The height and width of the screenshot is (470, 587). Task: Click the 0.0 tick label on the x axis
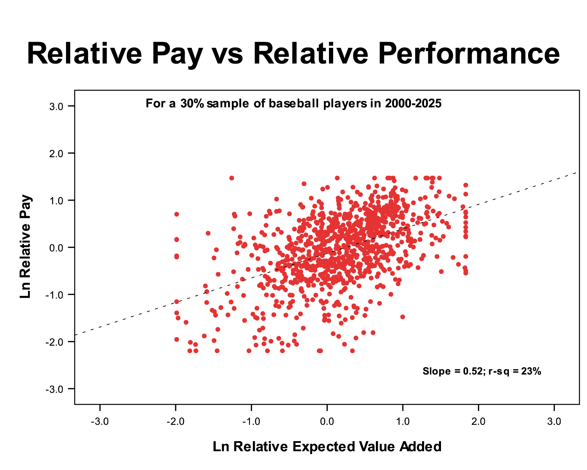[327, 421]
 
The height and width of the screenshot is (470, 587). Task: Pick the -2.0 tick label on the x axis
[175, 421]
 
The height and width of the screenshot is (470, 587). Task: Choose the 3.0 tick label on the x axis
[554, 421]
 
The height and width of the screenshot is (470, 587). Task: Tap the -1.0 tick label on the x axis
[251, 421]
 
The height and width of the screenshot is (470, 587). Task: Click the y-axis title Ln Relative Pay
[26, 247]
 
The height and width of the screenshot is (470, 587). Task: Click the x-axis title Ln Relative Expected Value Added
[327, 447]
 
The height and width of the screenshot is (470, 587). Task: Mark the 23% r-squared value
[531, 371]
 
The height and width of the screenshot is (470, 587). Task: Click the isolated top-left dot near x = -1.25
[232, 178]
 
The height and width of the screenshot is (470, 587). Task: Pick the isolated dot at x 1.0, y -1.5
[403, 317]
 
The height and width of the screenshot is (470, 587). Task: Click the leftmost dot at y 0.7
[177, 214]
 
